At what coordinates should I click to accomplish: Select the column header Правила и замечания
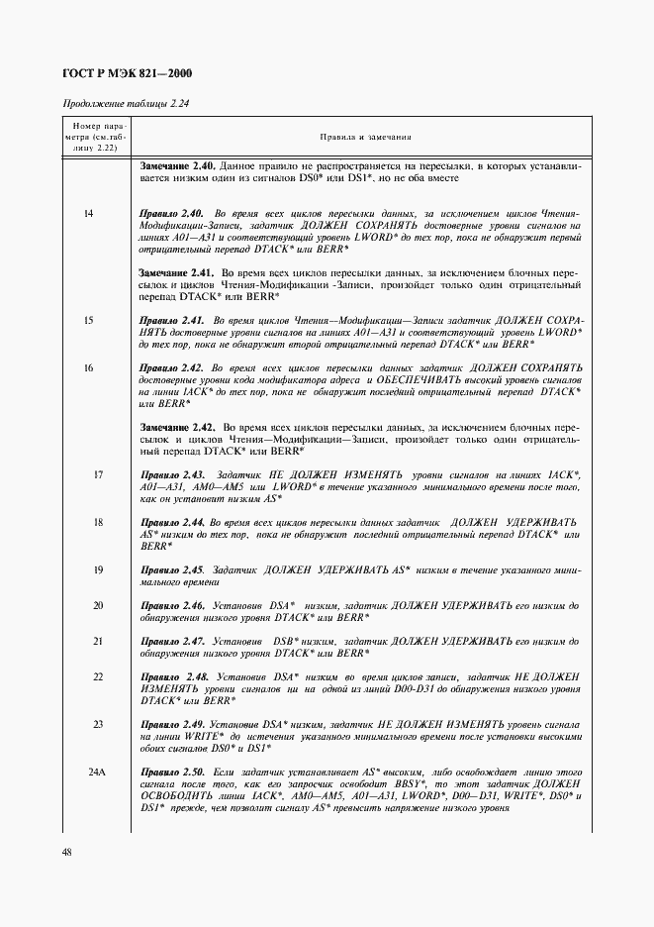click(365, 139)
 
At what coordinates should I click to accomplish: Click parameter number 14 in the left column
click(89, 213)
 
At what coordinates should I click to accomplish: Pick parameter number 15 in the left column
click(89, 320)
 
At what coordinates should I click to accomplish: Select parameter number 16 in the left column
click(89, 367)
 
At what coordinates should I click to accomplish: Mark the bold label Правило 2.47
click(173, 641)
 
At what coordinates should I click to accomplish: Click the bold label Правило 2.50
click(173, 772)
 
